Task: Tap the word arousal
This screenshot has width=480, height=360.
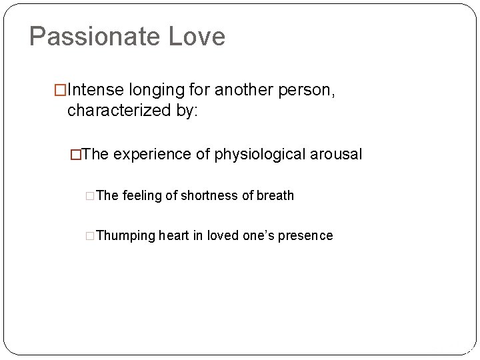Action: [x=339, y=155]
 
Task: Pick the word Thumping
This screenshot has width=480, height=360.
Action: [x=126, y=235]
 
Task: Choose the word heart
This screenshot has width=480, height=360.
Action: [x=175, y=235]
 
